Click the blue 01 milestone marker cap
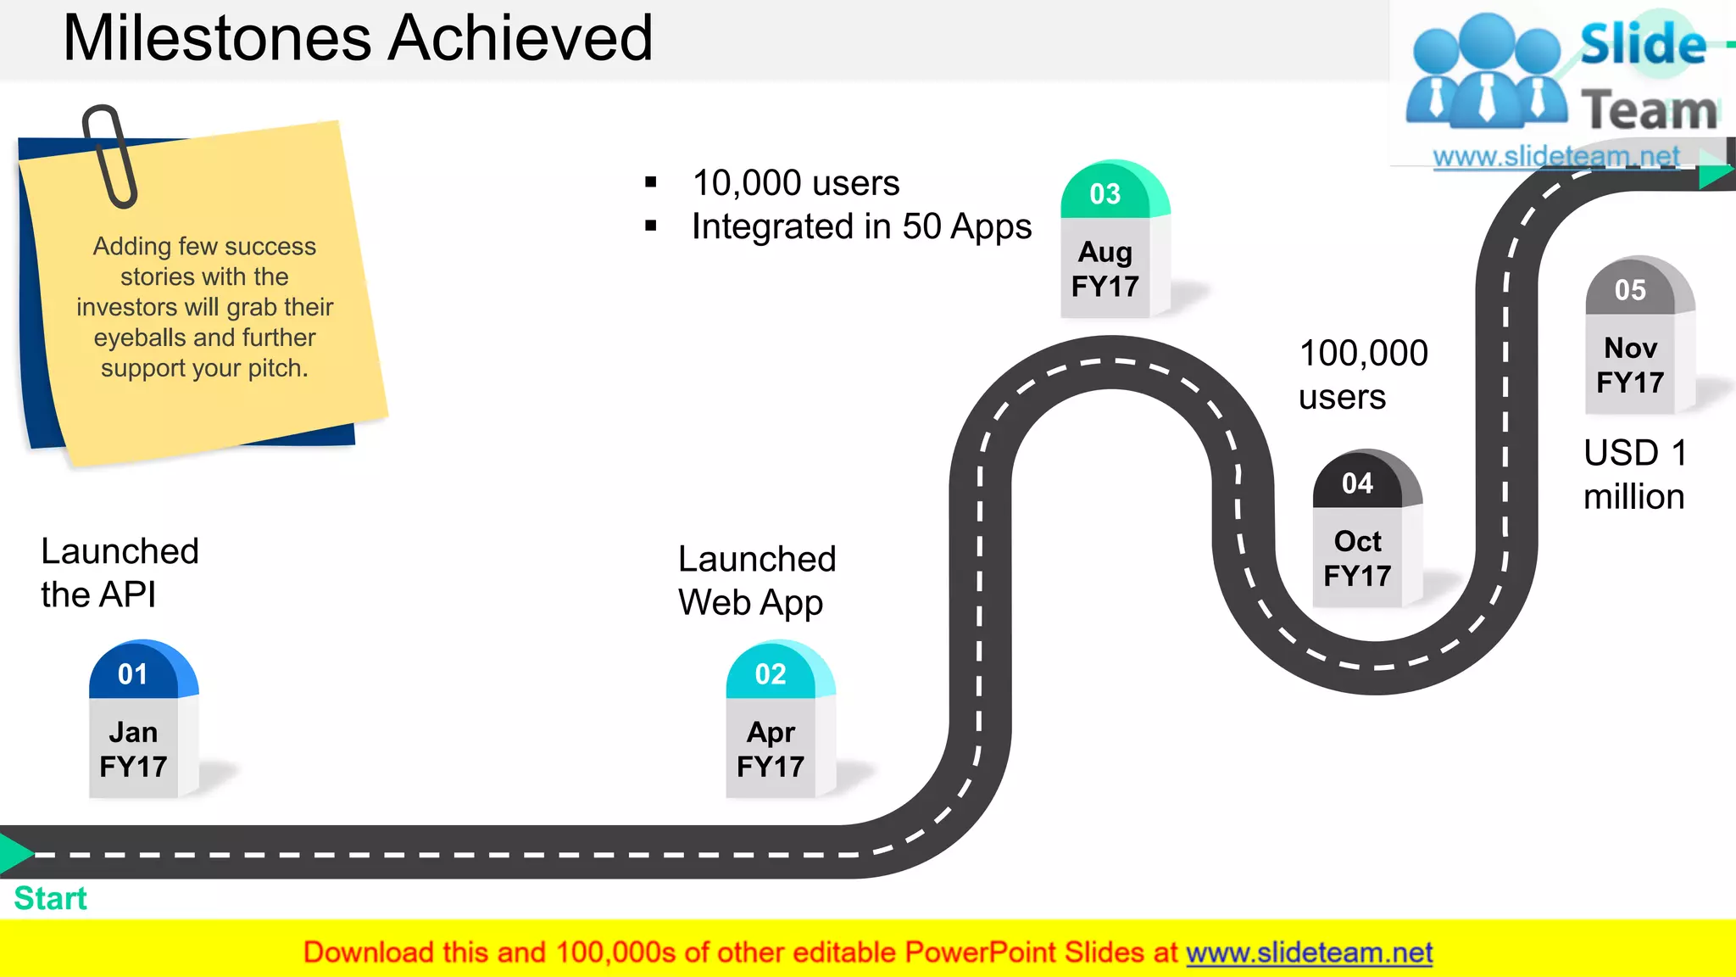tap(136, 673)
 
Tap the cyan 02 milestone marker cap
tap(773, 673)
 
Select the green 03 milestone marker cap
tap(1108, 193)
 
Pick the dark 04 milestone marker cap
tap(1360, 482)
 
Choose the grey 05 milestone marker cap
tap(1633, 288)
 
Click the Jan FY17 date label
tap(133, 749)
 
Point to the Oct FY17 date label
tap(1357, 558)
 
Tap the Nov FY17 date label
tap(1630, 365)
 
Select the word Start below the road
tap(51, 898)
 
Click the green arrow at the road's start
tap(14, 853)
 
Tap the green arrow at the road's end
tap(1714, 176)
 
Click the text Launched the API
tap(120, 572)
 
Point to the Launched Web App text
tap(757, 581)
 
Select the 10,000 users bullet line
tap(795, 182)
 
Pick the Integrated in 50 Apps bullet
tap(861, 226)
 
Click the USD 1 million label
tap(1634, 475)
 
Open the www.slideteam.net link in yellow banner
tap(1309, 952)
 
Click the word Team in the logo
tap(1649, 110)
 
